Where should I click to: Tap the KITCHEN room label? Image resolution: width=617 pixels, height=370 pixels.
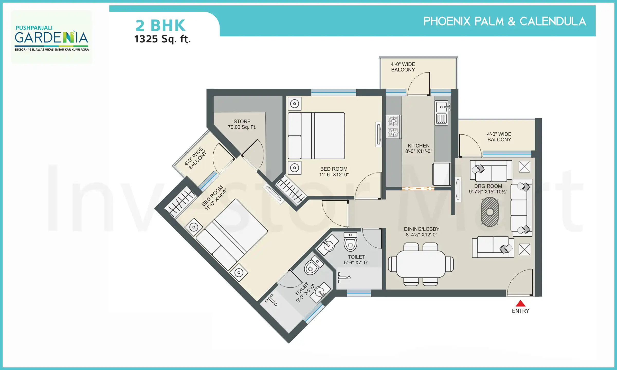coord(419,146)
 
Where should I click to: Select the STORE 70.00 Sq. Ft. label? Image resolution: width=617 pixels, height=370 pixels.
coord(242,124)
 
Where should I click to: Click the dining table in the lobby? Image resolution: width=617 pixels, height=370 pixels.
coord(421,264)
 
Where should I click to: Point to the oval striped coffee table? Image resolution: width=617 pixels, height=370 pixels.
coord(490,212)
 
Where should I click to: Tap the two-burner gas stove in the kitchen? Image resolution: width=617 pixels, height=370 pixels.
coord(393,127)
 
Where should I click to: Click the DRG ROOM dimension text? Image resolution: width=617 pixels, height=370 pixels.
coord(488,192)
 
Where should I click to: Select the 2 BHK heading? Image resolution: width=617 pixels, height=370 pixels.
coord(160,25)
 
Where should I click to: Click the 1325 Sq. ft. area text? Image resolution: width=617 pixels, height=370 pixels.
coord(162,39)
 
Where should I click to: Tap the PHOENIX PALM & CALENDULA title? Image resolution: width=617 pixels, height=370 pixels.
coord(504,21)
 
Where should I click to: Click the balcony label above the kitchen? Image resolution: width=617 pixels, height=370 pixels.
coord(403,67)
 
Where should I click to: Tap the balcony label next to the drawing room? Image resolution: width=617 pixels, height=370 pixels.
coord(499,137)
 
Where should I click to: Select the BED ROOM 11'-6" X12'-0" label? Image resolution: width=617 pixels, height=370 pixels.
coord(334,172)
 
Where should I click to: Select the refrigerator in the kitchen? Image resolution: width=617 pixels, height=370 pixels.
coord(441,174)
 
